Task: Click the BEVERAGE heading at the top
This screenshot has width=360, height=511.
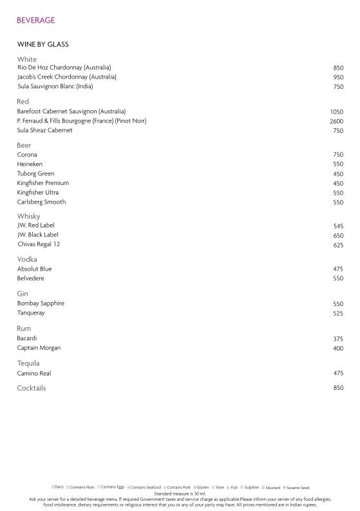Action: (35, 21)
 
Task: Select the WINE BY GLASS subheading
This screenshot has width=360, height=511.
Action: (43, 44)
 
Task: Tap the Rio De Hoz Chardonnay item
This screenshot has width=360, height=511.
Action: (64, 68)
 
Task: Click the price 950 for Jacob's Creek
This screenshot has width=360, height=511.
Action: (338, 77)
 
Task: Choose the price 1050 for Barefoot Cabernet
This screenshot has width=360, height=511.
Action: (336, 112)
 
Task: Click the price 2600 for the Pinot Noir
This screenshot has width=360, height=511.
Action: (336, 121)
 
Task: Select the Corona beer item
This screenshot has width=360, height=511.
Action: (27, 155)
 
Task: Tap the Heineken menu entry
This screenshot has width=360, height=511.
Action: (30, 164)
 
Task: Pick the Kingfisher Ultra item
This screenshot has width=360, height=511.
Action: (38, 193)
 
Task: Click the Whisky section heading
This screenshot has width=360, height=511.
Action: (28, 217)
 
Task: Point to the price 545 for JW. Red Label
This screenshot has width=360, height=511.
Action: (338, 226)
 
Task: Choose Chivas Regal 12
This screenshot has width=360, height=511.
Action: (39, 244)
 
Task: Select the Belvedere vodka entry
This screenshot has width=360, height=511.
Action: (31, 278)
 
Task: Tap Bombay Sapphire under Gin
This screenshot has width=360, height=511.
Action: (41, 304)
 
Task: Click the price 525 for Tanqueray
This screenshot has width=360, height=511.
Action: (338, 314)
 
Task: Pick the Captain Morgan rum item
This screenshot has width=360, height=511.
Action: (39, 348)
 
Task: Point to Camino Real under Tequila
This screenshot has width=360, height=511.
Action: (34, 374)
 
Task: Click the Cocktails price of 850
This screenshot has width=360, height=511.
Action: (338, 389)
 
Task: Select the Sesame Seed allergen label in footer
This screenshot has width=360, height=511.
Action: (298, 488)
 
